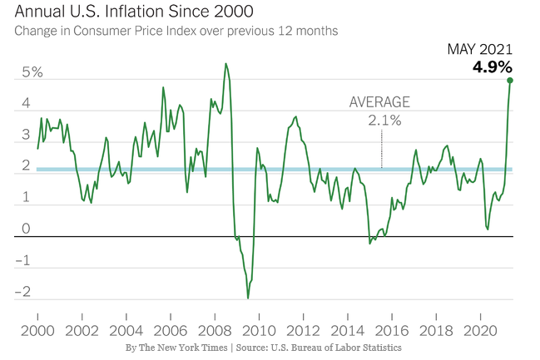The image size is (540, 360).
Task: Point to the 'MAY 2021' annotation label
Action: [x=480, y=50]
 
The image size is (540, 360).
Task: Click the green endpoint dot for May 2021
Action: [x=510, y=81]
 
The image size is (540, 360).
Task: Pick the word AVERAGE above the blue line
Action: [x=379, y=102]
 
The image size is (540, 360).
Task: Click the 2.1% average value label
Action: [x=384, y=121]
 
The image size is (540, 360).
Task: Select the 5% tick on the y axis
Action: [x=32, y=73]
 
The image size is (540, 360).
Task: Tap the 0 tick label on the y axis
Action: [x=26, y=229]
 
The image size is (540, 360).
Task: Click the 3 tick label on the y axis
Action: [x=26, y=136]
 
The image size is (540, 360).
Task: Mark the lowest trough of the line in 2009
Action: [x=248, y=298]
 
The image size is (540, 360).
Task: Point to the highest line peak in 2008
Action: [x=225, y=64]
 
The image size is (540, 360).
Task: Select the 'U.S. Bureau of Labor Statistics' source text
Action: [x=332, y=347]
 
